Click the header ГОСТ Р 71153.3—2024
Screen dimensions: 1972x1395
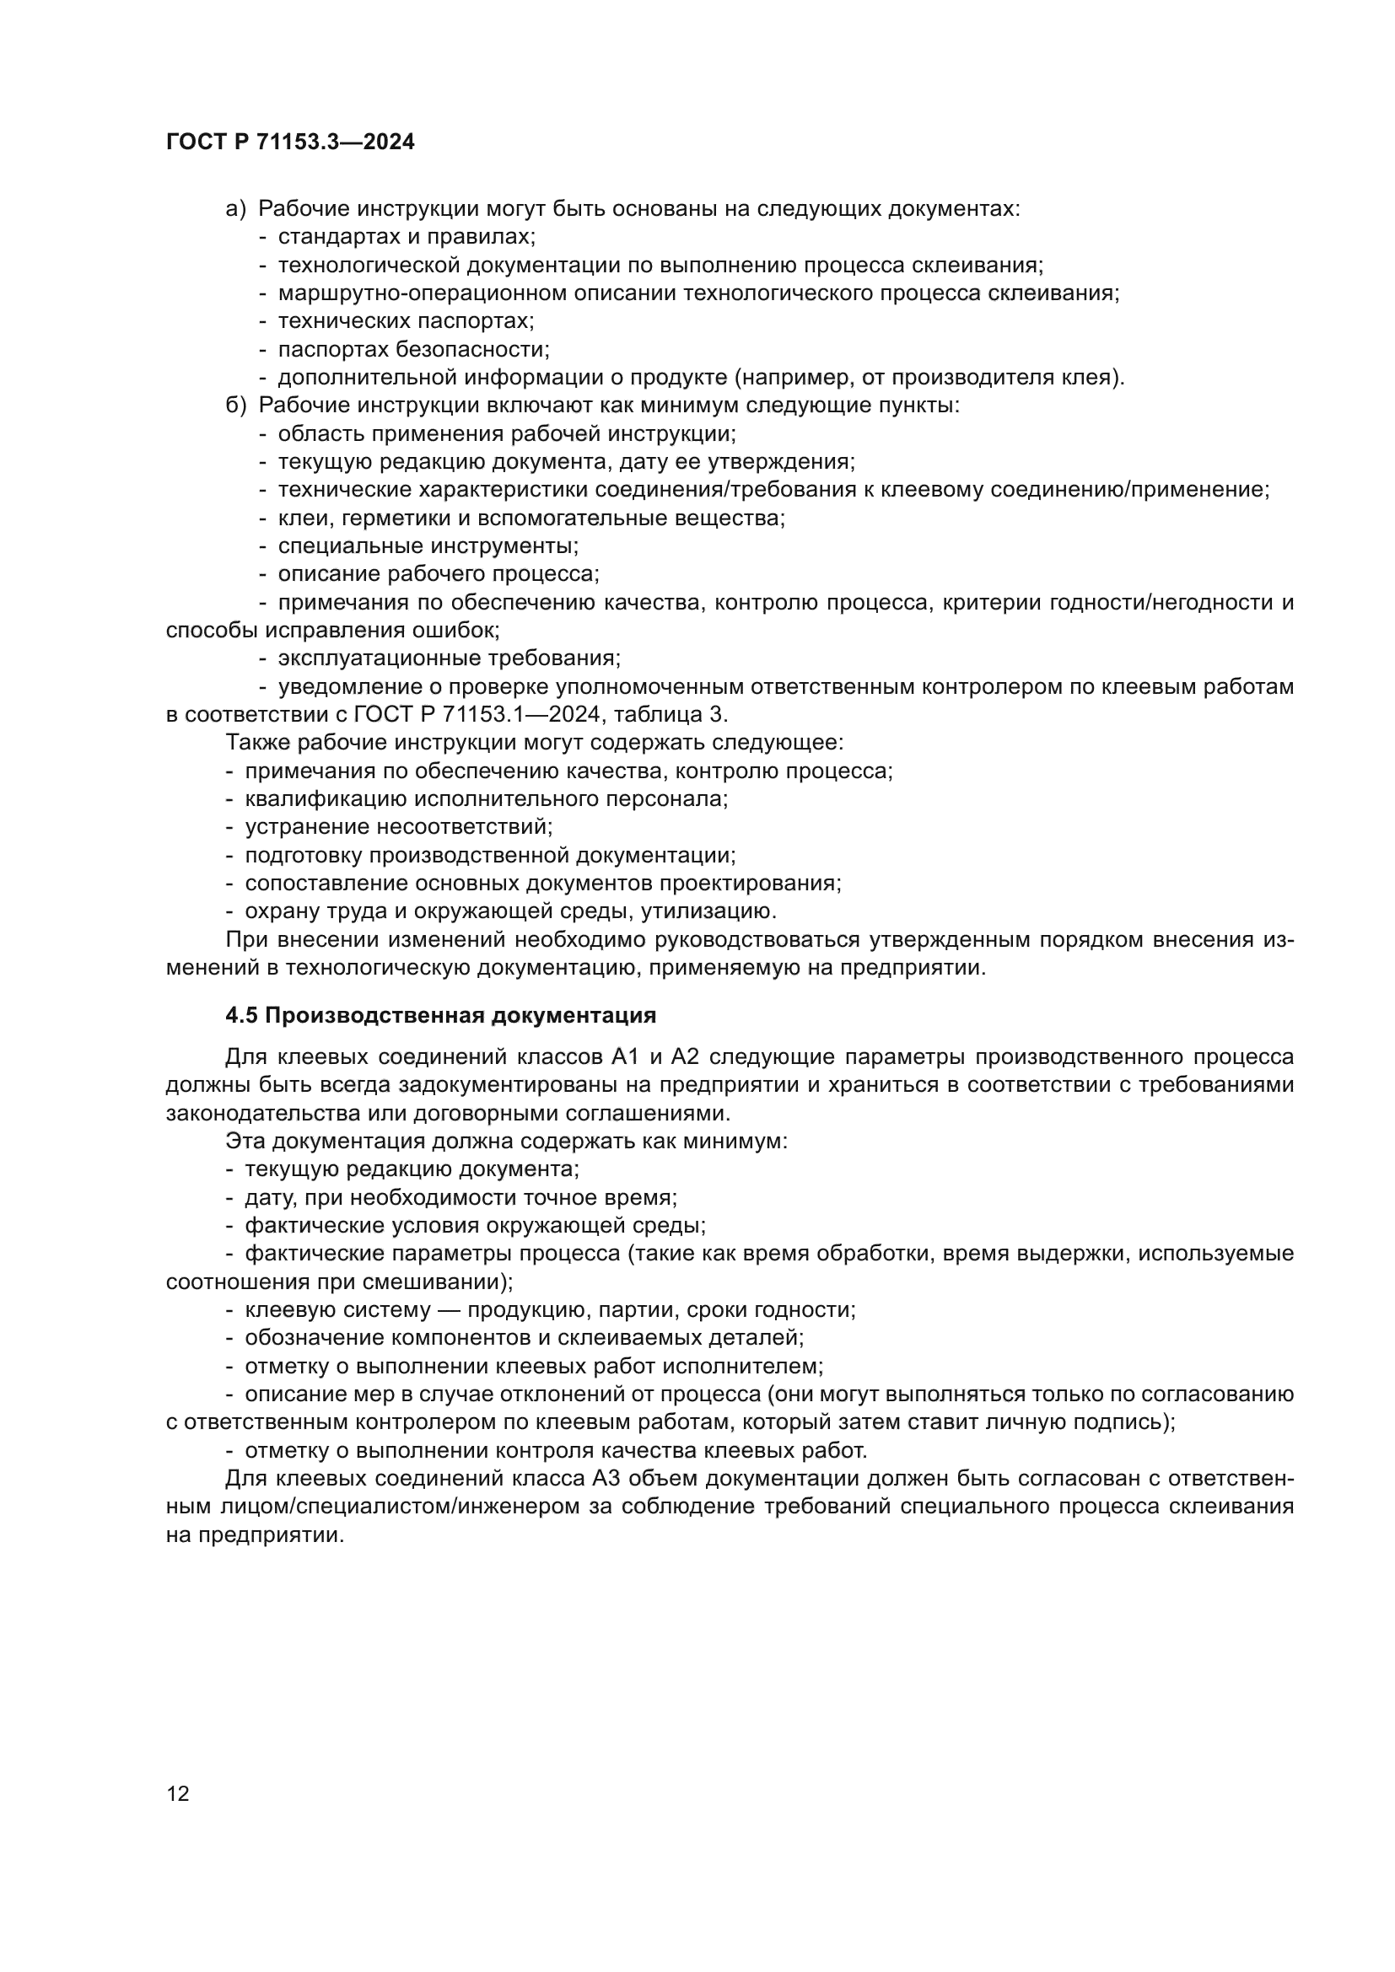click(x=289, y=142)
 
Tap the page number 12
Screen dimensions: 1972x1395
click(x=178, y=1794)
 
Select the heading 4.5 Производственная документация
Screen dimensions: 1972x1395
click(x=440, y=1015)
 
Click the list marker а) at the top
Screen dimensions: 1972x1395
click(x=235, y=209)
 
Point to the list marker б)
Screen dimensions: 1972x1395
click(x=235, y=406)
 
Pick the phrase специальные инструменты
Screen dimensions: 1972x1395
click(x=427, y=546)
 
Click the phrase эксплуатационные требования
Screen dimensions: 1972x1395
click(x=449, y=658)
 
